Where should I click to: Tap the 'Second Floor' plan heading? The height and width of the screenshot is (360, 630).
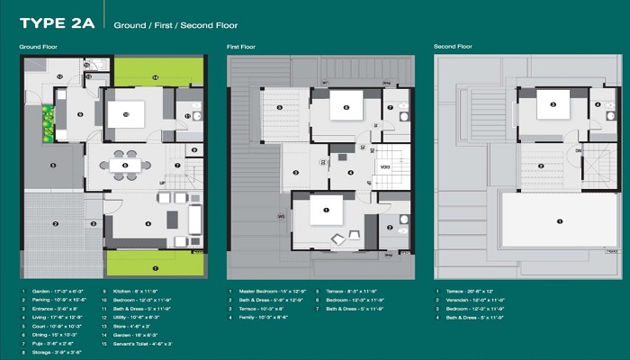click(x=454, y=46)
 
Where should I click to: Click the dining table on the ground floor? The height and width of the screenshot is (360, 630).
click(x=125, y=165)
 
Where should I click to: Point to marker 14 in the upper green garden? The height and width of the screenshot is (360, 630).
click(x=155, y=78)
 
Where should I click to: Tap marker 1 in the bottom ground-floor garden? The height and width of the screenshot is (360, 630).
click(x=155, y=267)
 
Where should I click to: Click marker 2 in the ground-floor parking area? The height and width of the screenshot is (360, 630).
click(x=55, y=223)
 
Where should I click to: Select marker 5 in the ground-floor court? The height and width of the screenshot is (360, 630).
click(x=53, y=165)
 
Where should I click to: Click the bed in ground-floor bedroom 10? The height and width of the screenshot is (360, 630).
click(x=126, y=113)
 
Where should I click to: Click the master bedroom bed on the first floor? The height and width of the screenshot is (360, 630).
click(x=325, y=211)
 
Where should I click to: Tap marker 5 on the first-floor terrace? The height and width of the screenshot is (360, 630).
click(x=279, y=108)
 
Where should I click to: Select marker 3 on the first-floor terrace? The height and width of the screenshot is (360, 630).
click(x=294, y=174)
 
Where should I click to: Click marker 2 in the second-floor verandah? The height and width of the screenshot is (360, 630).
click(x=541, y=165)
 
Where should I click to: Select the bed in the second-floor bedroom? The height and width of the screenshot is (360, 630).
click(x=553, y=105)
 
